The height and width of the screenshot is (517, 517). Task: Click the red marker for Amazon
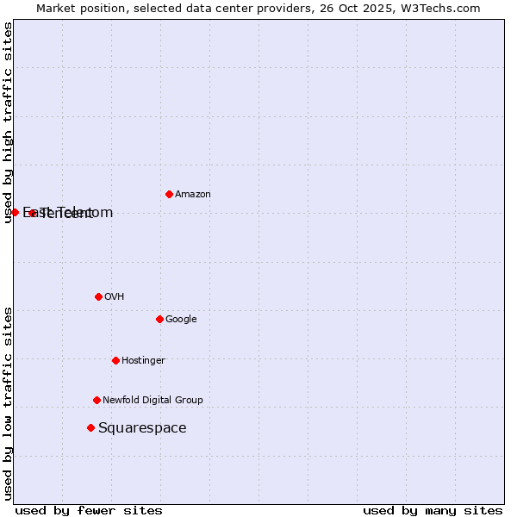click(169, 194)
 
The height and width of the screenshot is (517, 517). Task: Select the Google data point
click(159, 319)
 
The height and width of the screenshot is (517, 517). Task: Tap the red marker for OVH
click(98, 296)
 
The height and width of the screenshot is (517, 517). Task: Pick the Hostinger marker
click(115, 360)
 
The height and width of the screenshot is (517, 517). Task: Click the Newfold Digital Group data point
click(97, 400)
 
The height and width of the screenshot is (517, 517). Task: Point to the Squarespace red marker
click(90, 427)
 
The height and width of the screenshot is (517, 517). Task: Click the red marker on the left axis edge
click(15, 212)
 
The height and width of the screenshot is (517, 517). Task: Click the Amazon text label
click(192, 195)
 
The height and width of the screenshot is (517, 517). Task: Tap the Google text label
click(181, 320)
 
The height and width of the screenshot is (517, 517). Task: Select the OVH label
click(114, 297)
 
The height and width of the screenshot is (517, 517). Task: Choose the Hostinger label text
click(143, 361)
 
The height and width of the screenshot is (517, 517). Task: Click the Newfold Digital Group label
click(153, 401)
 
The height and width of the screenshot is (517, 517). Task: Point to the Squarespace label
click(142, 428)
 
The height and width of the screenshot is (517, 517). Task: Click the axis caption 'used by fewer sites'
click(89, 510)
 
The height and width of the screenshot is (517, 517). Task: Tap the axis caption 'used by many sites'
click(433, 510)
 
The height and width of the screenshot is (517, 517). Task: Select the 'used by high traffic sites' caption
click(8, 122)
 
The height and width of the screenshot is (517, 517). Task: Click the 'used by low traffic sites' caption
click(8, 402)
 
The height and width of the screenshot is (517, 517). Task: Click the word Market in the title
click(56, 9)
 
